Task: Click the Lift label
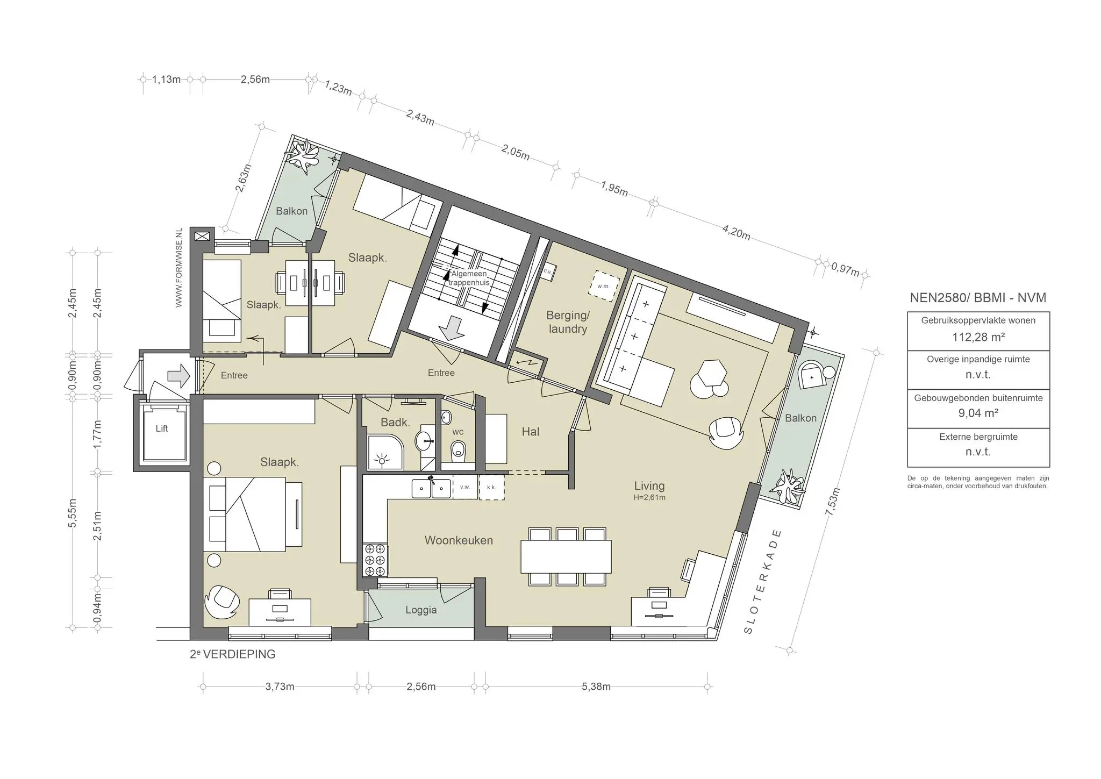[161, 428]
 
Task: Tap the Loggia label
[421, 610]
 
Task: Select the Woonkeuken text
[459, 540]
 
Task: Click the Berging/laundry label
[568, 322]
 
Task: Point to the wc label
[457, 432]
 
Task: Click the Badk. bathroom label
[395, 423]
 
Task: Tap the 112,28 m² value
[978, 337]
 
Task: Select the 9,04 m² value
[978, 413]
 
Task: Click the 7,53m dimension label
[833, 502]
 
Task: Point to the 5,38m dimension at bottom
[596, 687]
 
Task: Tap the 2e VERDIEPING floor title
[232, 654]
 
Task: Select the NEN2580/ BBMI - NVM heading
[978, 298]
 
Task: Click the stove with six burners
[375, 560]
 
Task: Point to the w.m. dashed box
[604, 286]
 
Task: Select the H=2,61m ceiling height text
[649, 498]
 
